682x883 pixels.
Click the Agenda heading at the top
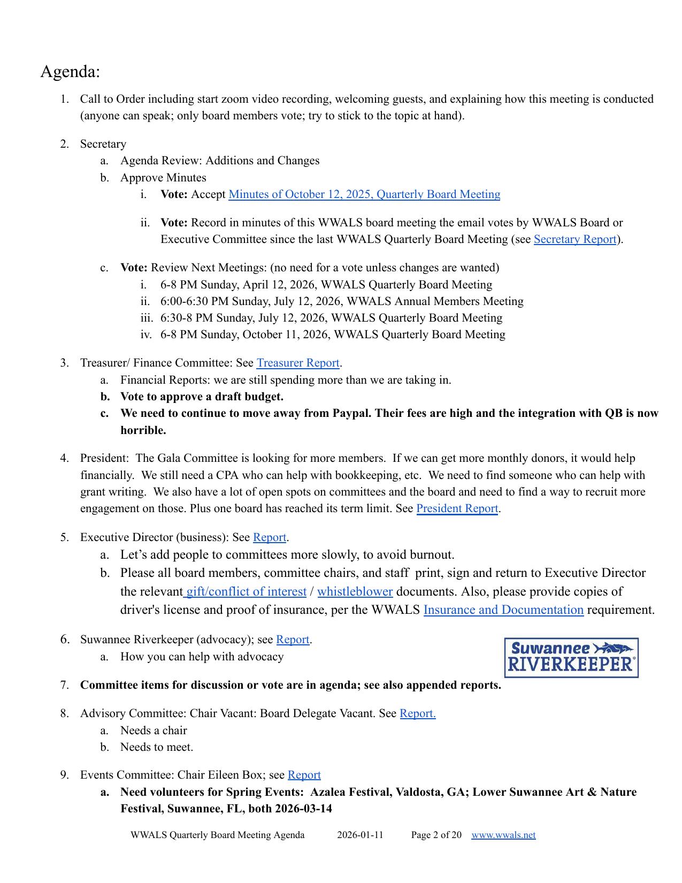point(70,71)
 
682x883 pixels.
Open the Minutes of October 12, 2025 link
point(364,194)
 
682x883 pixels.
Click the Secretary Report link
point(575,239)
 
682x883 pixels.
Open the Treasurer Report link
point(298,363)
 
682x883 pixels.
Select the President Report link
point(457,508)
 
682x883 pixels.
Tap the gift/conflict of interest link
point(246,591)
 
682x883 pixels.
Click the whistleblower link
point(355,591)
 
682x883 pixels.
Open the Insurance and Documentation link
point(503,610)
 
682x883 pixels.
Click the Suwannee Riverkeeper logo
point(571,658)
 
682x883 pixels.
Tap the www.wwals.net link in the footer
point(503,835)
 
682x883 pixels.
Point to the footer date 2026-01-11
point(360,835)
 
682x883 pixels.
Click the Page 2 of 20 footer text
point(436,835)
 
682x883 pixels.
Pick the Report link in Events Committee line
point(304,775)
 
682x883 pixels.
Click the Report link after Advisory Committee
point(417,713)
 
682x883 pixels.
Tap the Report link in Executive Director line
point(270,537)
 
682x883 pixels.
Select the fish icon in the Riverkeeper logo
point(614,649)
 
